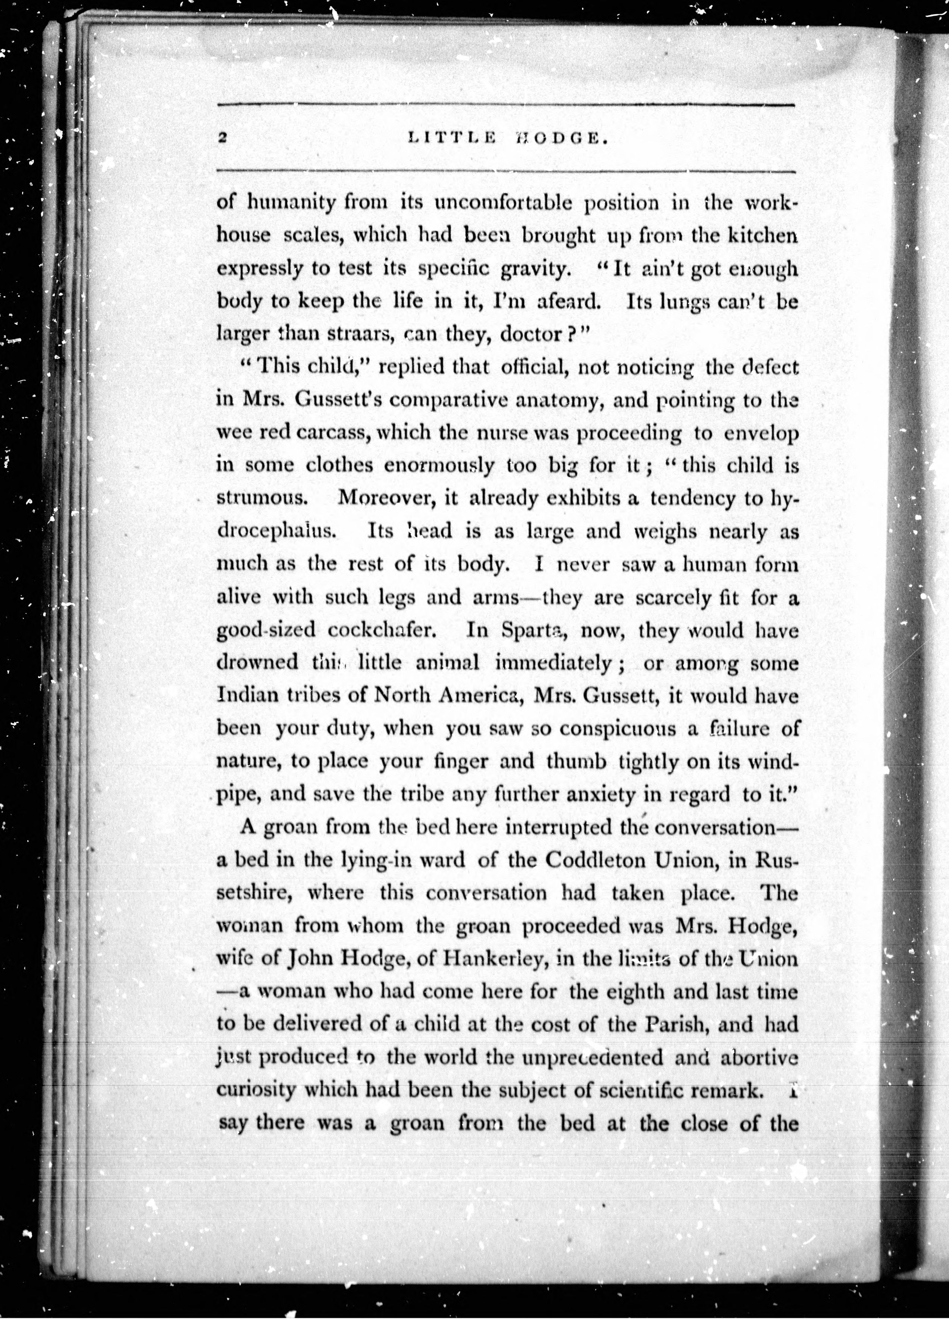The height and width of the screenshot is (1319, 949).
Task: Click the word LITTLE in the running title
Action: [x=452, y=138]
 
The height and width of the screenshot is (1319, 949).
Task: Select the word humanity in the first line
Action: [x=292, y=204]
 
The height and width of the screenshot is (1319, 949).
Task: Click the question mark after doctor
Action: [x=570, y=334]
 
